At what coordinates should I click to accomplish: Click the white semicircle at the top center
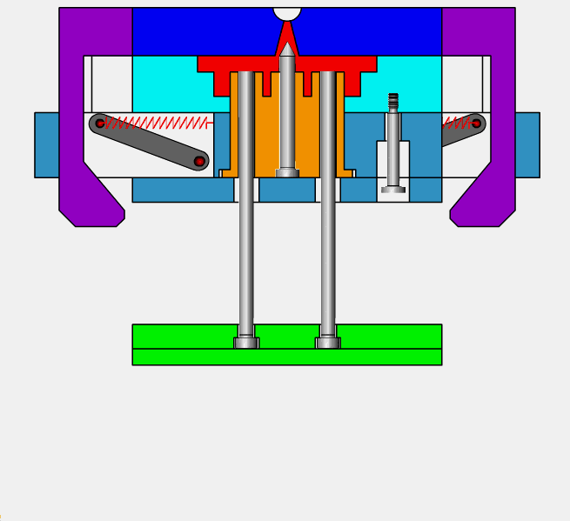(x=287, y=13)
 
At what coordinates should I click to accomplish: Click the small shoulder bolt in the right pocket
(x=393, y=148)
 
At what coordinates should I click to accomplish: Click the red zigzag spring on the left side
(x=157, y=124)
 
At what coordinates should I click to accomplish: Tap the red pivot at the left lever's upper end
(x=100, y=124)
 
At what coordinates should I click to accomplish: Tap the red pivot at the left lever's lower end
(x=199, y=161)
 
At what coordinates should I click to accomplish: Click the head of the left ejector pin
(x=246, y=343)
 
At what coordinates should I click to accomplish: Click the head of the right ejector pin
(x=328, y=343)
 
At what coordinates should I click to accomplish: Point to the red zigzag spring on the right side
(x=457, y=124)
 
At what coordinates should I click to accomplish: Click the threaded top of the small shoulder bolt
(x=393, y=101)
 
